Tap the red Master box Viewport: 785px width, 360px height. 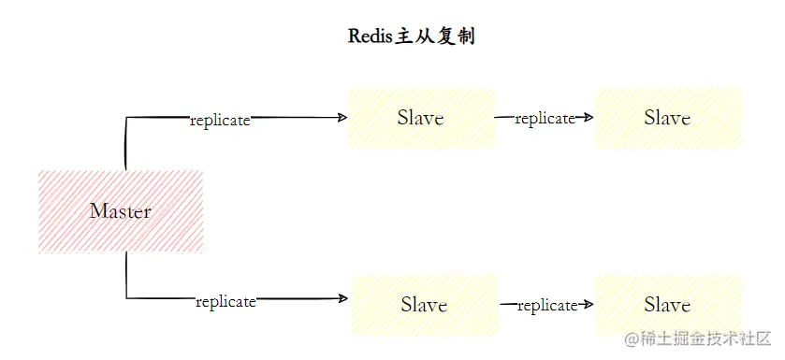(121, 211)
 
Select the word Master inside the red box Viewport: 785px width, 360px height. (121, 211)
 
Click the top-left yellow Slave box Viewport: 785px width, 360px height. (422, 118)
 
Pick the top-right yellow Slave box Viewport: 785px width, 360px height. (668, 118)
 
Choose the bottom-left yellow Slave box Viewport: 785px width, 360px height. (424, 305)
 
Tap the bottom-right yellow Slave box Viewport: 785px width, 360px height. (668, 305)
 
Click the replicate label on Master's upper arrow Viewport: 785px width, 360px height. (220, 121)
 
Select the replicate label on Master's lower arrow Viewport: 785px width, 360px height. (225, 301)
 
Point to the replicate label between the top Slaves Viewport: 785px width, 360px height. (544, 119)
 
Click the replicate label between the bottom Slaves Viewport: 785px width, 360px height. (546, 306)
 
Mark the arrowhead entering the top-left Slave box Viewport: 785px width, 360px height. (342, 118)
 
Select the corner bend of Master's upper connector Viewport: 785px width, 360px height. (126, 118)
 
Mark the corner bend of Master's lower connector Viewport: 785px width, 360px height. (126, 299)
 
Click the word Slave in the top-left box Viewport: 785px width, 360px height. (420, 118)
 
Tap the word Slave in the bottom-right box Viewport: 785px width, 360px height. (667, 305)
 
